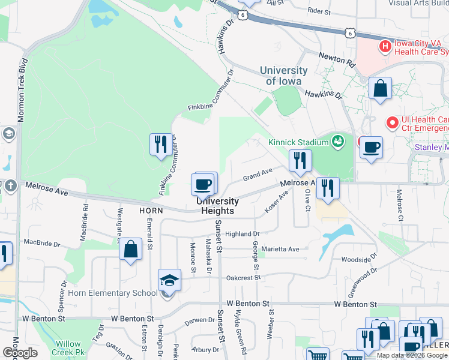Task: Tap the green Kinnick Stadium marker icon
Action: click(x=339, y=142)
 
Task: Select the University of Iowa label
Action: click(x=284, y=76)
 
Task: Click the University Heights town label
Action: click(x=217, y=206)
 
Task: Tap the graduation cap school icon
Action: click(x=170, y=280)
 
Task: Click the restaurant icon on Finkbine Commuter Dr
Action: click(x=160, y=144)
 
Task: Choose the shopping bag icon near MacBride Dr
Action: click(x=130, y=249)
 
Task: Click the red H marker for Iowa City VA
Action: click(x=385, y=46)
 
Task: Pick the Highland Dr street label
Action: click(x=242, y=234)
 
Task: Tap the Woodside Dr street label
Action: click(x=354, y=260)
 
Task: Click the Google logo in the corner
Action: click(x=19, y=353)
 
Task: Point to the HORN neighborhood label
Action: click(x=151, y=211)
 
